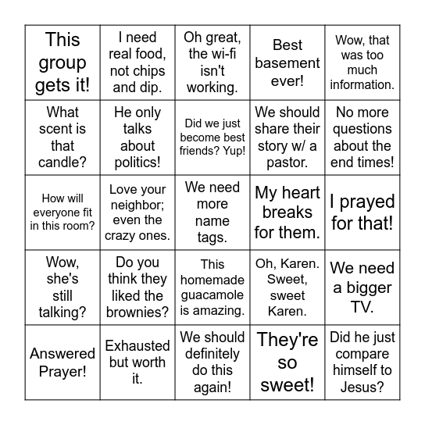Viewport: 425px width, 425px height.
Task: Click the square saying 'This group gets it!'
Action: [x=62, y=62]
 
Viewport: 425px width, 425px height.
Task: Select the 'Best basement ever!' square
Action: [x=287, y=62]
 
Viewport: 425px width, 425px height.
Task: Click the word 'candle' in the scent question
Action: [x=62, y=162]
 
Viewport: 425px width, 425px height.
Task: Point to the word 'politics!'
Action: [x=137, y=162]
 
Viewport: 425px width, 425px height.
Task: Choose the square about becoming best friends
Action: [x=212, y=137]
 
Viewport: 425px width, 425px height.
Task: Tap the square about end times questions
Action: [x=362, y=137]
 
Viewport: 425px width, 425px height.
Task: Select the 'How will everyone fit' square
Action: [x=62, y=212]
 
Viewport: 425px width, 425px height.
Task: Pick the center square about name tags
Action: [x=212, y=212]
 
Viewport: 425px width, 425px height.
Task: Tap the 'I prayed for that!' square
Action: [x=362, y=212]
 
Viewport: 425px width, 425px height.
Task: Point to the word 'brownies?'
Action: [x=137, y=312]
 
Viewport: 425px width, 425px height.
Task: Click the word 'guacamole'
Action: [x=212, y=295]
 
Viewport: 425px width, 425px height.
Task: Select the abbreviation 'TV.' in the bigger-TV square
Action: [x=362, y=305]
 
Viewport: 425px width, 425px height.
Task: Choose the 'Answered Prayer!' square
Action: [x=62, y=362]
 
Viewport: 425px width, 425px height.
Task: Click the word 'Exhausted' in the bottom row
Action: [x=137, y=345]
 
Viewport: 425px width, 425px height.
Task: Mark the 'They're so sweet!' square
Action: [x=287, y=362]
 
